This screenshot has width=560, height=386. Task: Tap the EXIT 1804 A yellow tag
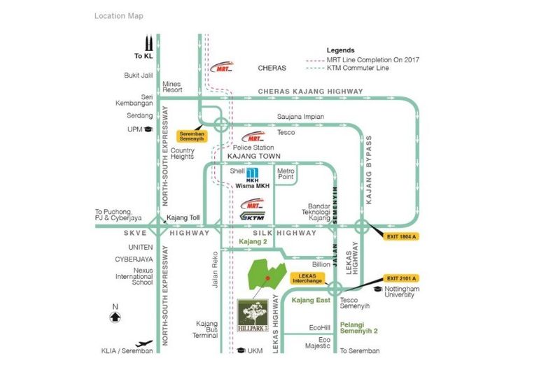401,236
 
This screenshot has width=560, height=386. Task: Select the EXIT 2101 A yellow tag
401,278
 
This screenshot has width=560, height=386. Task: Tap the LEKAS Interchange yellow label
309,278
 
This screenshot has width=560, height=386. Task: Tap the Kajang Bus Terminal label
206,329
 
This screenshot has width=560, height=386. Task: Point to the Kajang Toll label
183,217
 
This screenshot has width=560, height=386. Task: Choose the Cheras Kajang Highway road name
310,92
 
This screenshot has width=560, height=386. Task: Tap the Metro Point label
285,174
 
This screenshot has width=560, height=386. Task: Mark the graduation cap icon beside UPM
147,129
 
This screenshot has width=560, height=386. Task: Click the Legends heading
340,50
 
